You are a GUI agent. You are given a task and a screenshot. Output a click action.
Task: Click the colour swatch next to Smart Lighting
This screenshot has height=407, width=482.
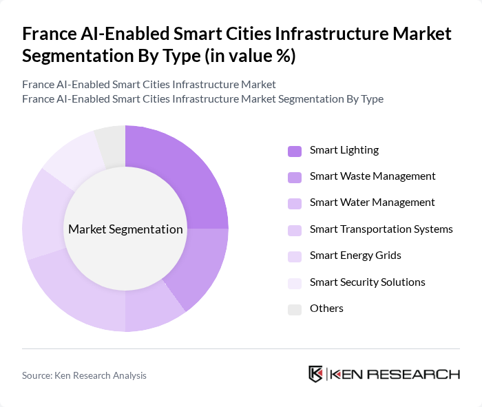[x=295, y=151]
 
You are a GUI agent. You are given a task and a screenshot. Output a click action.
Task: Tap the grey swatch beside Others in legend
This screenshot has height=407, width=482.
[x=295, y=309]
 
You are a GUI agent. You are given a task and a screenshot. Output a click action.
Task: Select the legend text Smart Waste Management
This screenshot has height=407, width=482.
[x=372, y=176]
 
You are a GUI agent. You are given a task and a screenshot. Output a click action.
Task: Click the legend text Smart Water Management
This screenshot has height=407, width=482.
[x=372, y=202]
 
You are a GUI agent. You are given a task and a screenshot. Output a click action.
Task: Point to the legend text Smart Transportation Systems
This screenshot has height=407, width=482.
[x=381, y=229]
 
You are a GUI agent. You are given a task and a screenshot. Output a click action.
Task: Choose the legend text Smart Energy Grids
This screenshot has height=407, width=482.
[x=355, y=255]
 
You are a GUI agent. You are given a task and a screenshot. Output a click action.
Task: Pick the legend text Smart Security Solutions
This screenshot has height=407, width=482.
[x=367, y=282]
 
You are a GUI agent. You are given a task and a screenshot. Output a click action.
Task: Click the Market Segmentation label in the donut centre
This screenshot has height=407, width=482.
[x=125, y=229]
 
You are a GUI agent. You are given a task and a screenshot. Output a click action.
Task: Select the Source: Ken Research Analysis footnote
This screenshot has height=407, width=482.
[x=84, y=375]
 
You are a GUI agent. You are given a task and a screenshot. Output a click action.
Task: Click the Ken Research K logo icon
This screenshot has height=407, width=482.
[x=316, y=374]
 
